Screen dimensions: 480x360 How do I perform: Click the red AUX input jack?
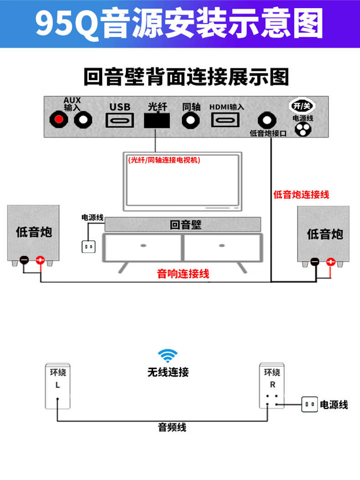coord(58,120)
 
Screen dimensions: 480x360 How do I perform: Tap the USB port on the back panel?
coord(120,120)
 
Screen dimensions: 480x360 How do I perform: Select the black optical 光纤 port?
coord(156,120)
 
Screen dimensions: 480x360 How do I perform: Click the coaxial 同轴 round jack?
coord(191,120)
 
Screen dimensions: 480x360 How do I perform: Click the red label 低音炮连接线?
coord(301,195)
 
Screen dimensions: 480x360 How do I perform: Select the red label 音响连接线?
coord(183,274)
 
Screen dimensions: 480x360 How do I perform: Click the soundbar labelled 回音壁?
coord(183,224)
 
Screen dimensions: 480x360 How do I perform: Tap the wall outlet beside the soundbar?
coord(88,247)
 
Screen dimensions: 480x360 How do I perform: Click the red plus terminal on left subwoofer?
coord(40,261)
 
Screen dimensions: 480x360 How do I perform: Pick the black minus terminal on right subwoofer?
coord(315,262)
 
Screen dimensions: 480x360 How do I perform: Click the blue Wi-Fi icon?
coord(168,356)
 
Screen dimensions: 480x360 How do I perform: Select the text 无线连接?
coord(168,372)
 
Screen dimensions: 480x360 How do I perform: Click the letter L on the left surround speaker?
coord(57,385)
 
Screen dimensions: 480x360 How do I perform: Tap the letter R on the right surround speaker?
coord(273,384)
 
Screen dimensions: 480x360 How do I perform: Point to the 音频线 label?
coord(172,428)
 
